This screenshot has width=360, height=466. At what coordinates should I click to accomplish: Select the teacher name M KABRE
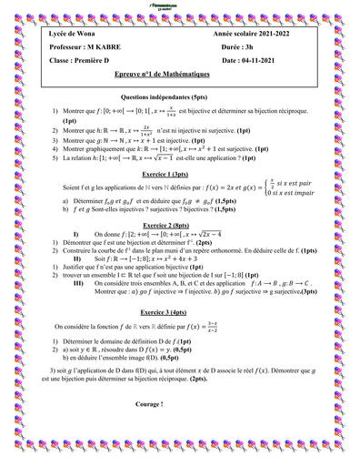(x=105, y=44)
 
